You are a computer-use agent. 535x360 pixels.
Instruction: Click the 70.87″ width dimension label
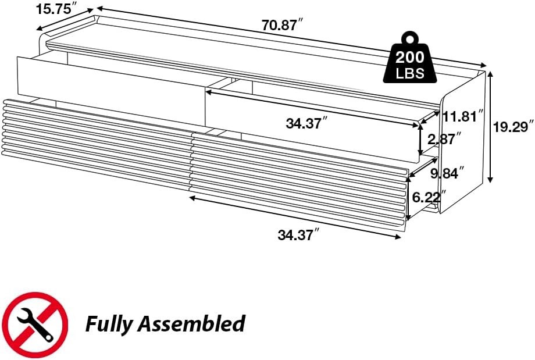[282, 25]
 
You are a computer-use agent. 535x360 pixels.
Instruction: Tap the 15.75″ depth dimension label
[56, 9]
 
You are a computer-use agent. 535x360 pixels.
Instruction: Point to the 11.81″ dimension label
[463, 116]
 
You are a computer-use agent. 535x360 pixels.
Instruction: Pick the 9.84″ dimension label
[447, 173]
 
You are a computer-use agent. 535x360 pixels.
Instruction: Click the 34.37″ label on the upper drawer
[306, 123]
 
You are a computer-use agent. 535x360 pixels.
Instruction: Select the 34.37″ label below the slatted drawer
[298, 235]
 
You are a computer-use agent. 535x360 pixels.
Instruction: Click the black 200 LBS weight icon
[410, 58]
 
